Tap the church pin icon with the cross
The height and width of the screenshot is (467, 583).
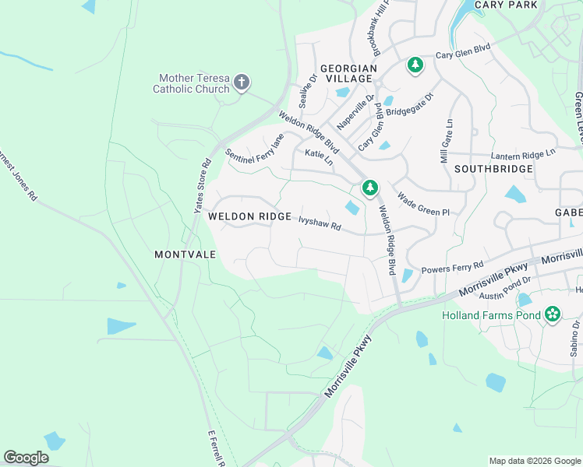pyautogui.click(x=242, y=82)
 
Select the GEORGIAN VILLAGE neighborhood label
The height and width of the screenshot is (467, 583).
pyautogui.click(x=341, y=73)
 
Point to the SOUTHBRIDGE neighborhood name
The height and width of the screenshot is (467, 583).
pyautogui.click(x=493, y=169)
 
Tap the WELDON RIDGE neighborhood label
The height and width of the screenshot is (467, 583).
pyautogui.click(x=249, y=216)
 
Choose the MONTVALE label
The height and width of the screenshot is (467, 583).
pyautogui.click(x=184, y=255)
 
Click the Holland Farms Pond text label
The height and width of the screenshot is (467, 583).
pyautogui.click(x=491, y=316)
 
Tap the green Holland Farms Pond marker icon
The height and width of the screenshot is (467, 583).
pyautogui.click(x=553, y=314)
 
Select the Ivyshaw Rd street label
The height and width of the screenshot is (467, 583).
pyautogui.click(x=320, y=223)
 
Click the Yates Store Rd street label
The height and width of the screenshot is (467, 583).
pyautogui.click(x=203, y=187)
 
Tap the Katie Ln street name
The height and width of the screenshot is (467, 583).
pyautogui.click(x=319, y=158)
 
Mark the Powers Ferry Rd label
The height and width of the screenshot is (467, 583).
pyautogui.click(x=452, y=267)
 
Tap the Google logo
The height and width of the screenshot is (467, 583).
pyautogui.click(x=26, y=458)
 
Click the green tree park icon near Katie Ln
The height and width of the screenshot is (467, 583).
pyautogui.click(x=369, y=188)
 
